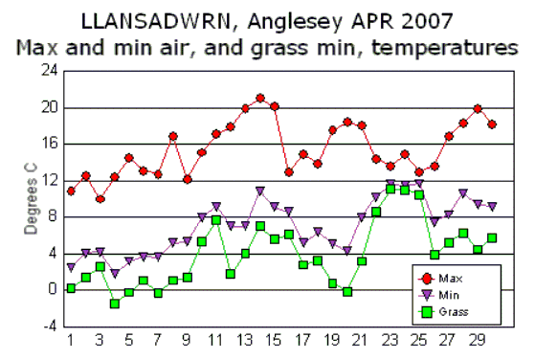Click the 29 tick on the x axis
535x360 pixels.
pyautogui.click(x=477, y=339)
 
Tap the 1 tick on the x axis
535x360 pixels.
pyautogui.click(x=70, y=339)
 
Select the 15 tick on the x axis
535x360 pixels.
pyautogui.click(x=274, y=339)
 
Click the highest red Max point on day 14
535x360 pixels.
pyautogui.click(x=259, y=99)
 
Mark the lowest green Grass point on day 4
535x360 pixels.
pyautogui.click(x=114, y=304)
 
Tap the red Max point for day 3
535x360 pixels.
pyautogui.click(x=100, y=199)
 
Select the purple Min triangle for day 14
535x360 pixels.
pyautogui.click(x=259, y=191)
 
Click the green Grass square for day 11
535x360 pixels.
pyautogui.click(x=216, y=220)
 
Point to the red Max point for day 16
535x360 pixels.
pyautogui.click(x=289, y=172)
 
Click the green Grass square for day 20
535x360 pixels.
pyautogui.click(x=347, y=291)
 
